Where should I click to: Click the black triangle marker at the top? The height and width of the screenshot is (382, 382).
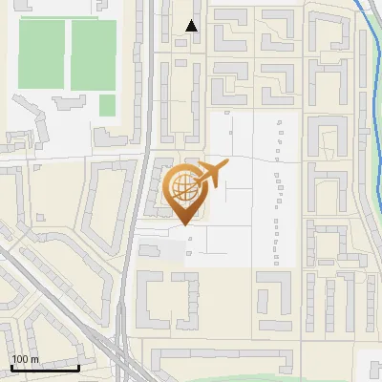point(192,26)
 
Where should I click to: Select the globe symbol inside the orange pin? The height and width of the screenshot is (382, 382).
point(182,186)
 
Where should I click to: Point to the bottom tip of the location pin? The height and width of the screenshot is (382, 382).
point(183,225)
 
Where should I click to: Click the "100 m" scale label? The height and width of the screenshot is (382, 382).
point(25,359)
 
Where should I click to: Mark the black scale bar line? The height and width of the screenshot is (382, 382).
point(45,368)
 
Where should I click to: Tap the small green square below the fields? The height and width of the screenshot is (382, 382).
point(107,104)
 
